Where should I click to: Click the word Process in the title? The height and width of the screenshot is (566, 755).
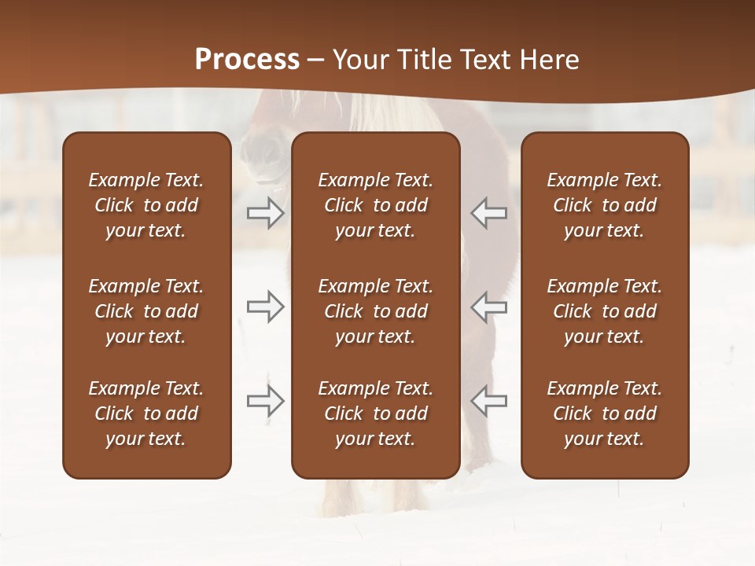[247, 59]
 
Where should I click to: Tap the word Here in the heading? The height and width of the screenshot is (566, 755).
[549, 59]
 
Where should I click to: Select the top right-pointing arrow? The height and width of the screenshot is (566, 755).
[266, 212]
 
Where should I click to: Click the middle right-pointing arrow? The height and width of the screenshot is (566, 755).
[266, 307]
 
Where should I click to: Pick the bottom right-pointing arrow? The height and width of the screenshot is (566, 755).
[266, 401]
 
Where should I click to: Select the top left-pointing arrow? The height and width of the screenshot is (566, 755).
[488, 212]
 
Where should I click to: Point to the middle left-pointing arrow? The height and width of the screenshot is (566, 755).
[488, 307]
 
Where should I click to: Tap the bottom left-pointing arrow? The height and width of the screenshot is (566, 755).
[488, 401]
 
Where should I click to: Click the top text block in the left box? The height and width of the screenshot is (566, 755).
[146, 205]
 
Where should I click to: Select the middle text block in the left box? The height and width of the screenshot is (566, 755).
[146, 311]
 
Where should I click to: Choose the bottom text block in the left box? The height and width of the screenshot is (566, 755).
[146, 413]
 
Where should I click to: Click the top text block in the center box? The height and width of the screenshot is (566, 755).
[375, 205]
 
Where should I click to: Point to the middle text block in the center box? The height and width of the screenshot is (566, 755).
[375, 311]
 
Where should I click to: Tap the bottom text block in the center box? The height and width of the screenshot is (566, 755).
[375, 413]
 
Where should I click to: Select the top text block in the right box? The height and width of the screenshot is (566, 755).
[604, 205]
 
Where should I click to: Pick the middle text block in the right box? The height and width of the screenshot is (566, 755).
[604, 311]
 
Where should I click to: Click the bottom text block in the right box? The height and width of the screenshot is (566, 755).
[604, 413]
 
